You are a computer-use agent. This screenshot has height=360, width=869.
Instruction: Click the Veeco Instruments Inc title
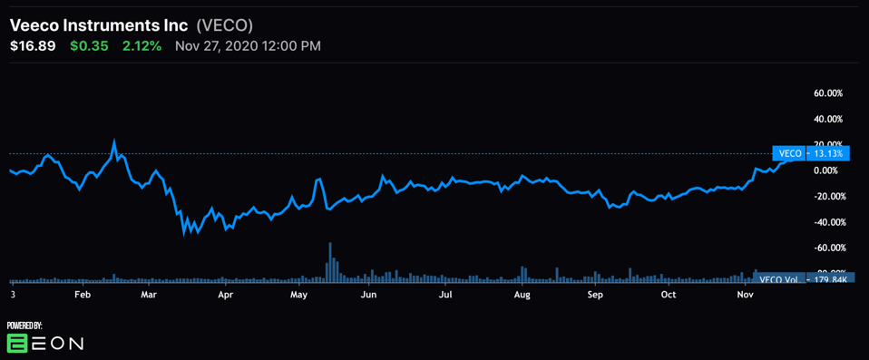pyautogui.click(x=99, y=25)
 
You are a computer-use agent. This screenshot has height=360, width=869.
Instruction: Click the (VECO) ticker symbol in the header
pyautogui.click(x=225, y=25)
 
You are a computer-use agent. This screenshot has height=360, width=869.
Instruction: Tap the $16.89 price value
pyautogui.click(x=34, y=46)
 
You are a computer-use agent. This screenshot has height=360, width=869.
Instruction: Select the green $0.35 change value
pyautogui.click(x=89, y=46)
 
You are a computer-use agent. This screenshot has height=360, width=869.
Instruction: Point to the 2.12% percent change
pyautogui.click(x=142, y=46)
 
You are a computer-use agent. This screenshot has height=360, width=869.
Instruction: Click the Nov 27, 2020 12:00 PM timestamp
pyautogui.click(x=248, y=46)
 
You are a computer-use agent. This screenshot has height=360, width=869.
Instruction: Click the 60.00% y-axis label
pyautogui.click(x=828, y=93)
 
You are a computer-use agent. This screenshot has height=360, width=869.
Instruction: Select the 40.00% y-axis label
pyautogui.click(x=828, y=119)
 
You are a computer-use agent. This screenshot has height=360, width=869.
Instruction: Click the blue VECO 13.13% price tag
pyautogui.click(x=809, y=153)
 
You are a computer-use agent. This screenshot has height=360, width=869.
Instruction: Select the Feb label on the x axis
pyautogui.click(x=82, y=295)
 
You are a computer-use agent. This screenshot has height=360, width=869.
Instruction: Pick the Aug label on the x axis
pyautogui.click(x=522, y=295)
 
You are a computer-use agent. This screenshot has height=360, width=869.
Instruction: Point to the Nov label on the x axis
pyautogui.click(x=745, y=295)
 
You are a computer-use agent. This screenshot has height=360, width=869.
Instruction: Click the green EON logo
pyautogui.click(x=18, y=343)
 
